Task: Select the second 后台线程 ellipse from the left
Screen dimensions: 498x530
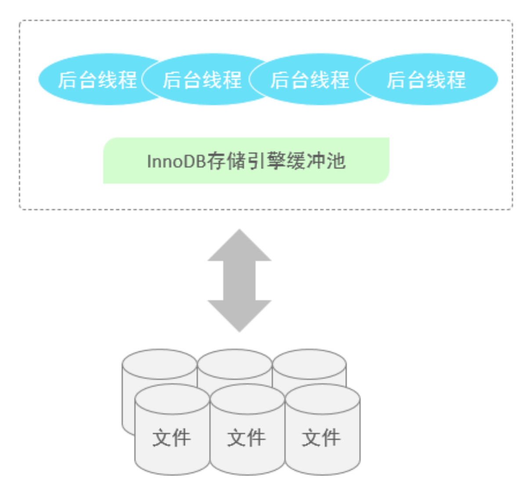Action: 202,80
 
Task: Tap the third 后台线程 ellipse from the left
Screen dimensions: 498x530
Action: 310,80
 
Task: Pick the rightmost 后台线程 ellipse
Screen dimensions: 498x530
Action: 426,80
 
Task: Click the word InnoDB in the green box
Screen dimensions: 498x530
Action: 176,162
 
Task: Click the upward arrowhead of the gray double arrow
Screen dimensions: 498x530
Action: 239,246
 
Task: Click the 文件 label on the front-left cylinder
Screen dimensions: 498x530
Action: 172,438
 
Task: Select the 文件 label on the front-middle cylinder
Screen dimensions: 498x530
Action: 246,438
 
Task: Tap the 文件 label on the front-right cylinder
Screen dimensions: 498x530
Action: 321,438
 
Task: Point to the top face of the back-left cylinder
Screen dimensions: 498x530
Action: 159,363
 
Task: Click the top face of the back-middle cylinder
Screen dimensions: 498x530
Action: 235,363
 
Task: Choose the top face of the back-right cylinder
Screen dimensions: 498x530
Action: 310,363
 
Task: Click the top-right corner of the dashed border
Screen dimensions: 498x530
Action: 512,21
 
